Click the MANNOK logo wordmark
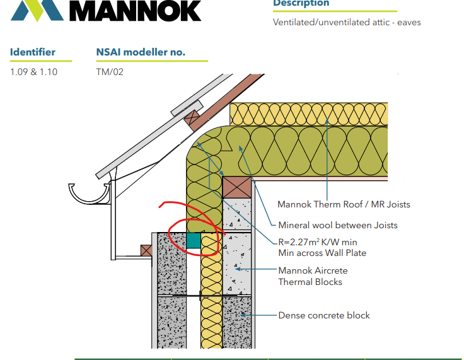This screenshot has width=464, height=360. (x=136, y=10)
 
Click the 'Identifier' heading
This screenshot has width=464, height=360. (x=33, y=52)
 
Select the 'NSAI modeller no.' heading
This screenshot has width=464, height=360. (x=141, y=52)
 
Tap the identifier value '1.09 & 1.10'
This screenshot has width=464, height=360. (x=34, y=72)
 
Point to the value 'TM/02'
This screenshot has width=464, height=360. (x=110, y=72)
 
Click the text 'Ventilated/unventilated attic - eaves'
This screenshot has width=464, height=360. (x=347, y=23)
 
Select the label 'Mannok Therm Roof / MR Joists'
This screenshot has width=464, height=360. (x=344, y=204)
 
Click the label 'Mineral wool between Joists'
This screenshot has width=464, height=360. (x=338, y=225)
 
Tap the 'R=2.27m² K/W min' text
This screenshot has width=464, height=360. (x=318, y=242)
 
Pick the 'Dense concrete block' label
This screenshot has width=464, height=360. (x=324, y=315)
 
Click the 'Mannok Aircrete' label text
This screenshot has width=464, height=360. (x=313, y=270)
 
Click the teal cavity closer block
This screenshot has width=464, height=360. (x=194, y=240)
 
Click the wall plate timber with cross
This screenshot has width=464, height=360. (x=237, y=188)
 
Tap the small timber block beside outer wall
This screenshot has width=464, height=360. (x=146, y=250)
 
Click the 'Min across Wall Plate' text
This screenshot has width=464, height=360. (x=322, y=253)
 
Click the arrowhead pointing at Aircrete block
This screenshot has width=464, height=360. (x=238, y=269)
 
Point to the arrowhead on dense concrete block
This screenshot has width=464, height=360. (x=243, y=315)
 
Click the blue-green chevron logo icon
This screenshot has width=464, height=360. (x=37, y=11)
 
